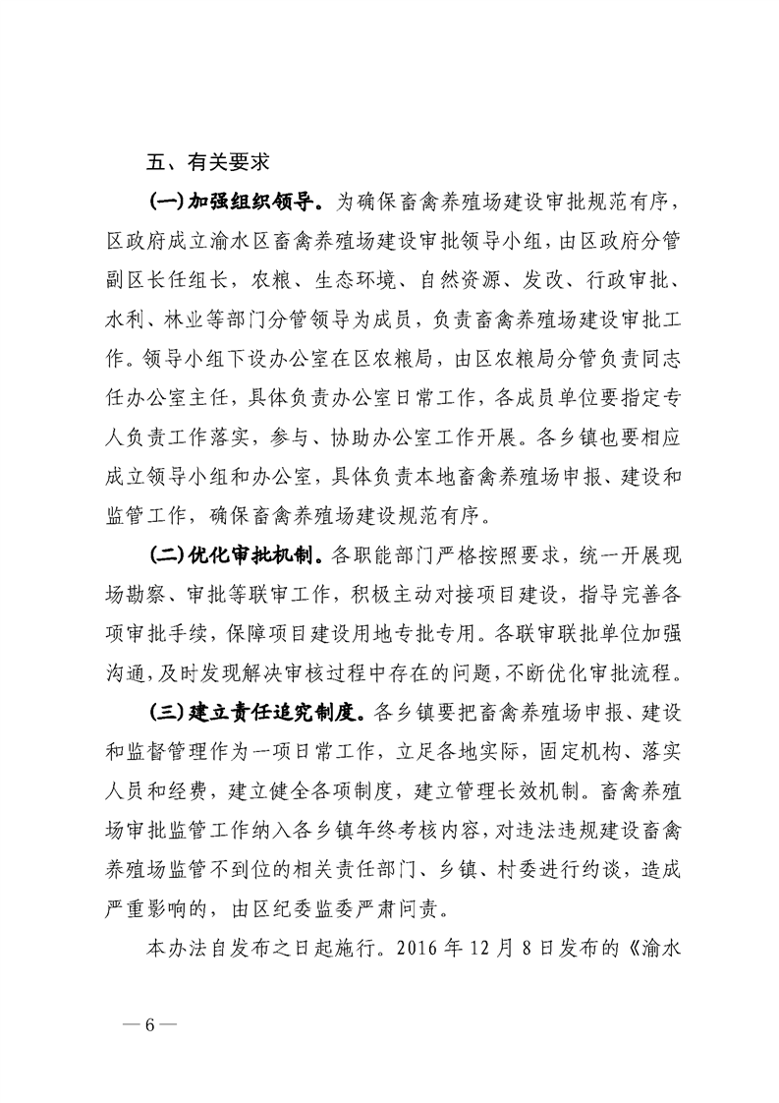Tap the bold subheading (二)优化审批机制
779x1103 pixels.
pyautogui.click(x=232, y=556)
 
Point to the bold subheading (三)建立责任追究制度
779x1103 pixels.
pyautogui.click(x=257, y=709)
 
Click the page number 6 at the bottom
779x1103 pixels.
pyautogui.click(x=150, y=1024)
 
